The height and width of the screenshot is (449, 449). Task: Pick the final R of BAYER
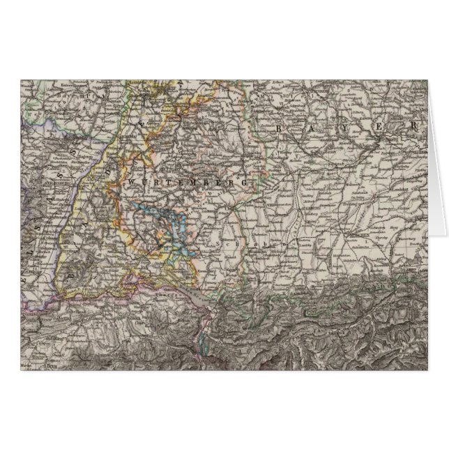click(413, 127)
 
